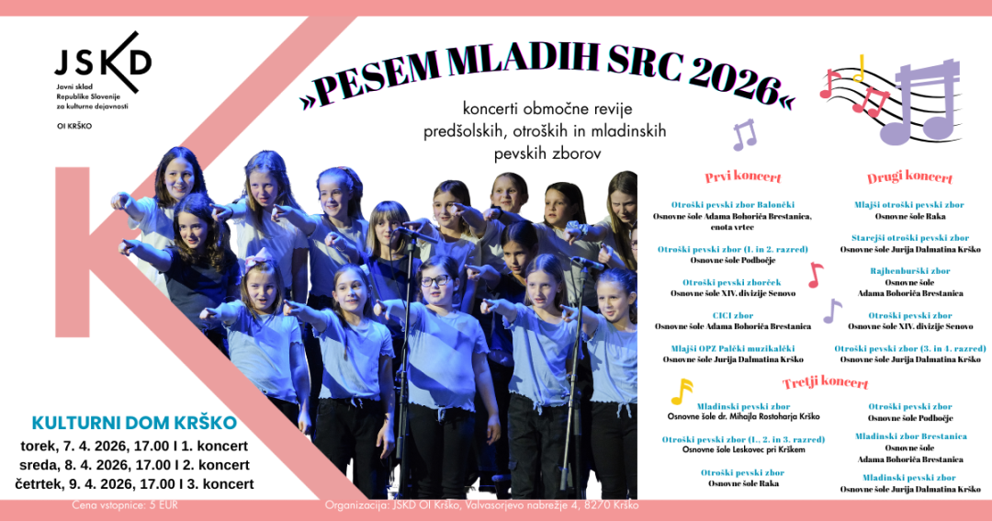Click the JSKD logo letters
click(x=101, y=62)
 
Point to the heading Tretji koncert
click(x=825, y=382)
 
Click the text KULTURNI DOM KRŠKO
click(x=134, y=424)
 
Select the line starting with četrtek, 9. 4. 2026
click(x=134, y=484)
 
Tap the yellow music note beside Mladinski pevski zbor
click(x=681, y=391)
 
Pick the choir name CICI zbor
click(x=732, y=315)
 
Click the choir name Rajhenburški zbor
click(x=910, y=271)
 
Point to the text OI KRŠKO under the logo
click(x=74, y=125)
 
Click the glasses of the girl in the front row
click(x=434, y=281)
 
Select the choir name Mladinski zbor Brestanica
click(x=910, y=436)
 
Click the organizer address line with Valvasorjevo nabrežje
click(x=482, y=505)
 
